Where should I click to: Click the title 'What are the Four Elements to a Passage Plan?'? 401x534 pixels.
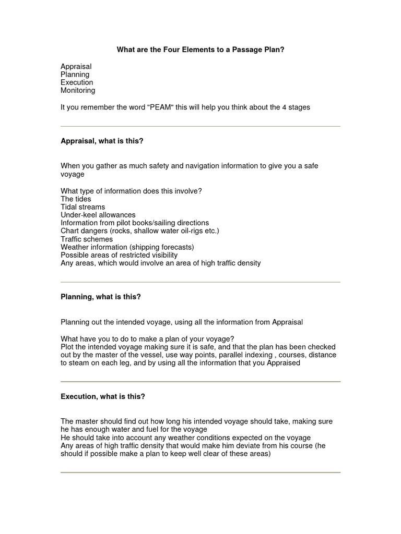pyautogui.click(x=200, y=50)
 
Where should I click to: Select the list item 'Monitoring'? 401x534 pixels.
pyautogui.click(x=78, y=90)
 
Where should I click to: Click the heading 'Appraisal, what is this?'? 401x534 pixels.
pyautogui.click(x=102, y=141)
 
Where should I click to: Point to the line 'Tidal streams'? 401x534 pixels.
pyautogui.click(x=82, y=207)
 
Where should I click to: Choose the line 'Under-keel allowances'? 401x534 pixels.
pyautogui.click(x=98, y=215)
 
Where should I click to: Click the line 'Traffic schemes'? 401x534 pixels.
pyautogui.click(x=86, y=239)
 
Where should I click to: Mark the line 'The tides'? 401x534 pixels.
pyautogui.click(x=76, y=199)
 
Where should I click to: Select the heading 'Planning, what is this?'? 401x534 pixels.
pyautogui.click(x=101, y=297)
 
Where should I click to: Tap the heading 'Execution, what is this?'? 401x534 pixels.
pyautogui.click(x=103, y=396)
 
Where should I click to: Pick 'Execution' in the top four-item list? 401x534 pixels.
pyautogui.click(x=77, y=82)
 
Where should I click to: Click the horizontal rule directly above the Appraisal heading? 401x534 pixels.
pyautogui.click(x=200, y=126)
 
